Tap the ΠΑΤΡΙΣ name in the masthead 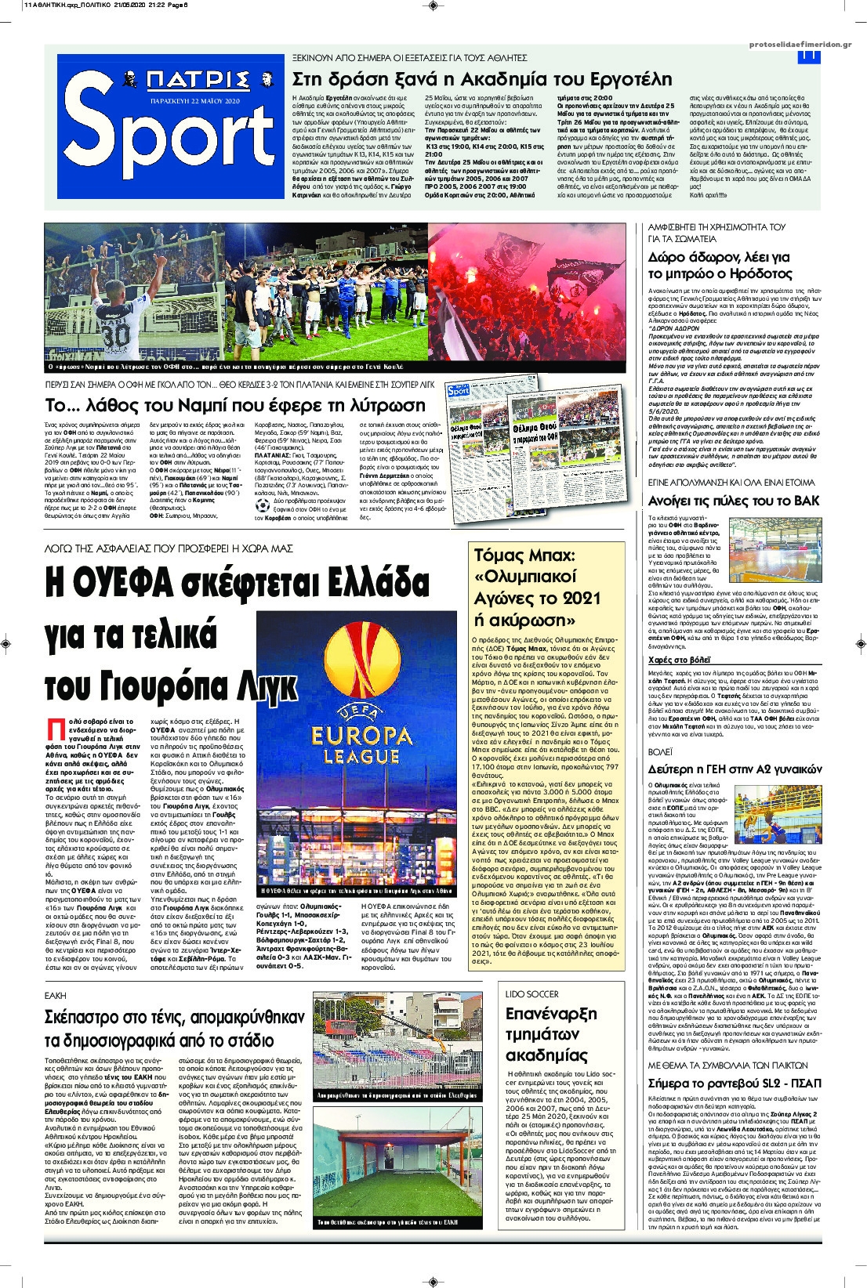(198, 81)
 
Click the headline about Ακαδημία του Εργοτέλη (481, 79)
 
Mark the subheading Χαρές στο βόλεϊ (679, 660)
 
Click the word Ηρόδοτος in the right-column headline (760, 273)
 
